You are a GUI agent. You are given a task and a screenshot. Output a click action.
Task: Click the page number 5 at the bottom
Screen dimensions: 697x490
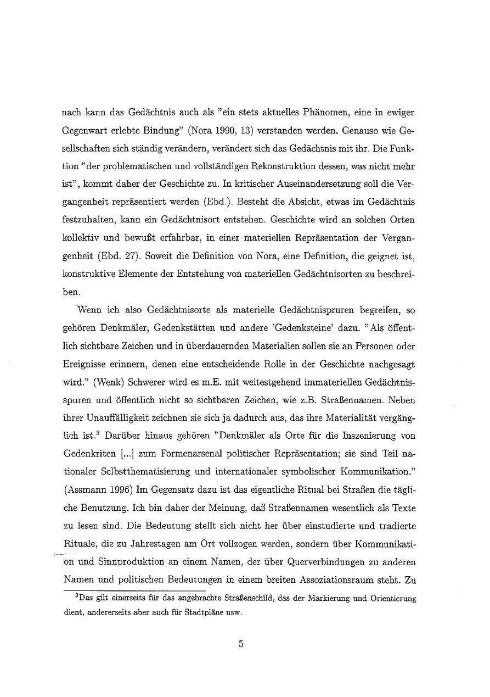[x=240, y=645]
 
